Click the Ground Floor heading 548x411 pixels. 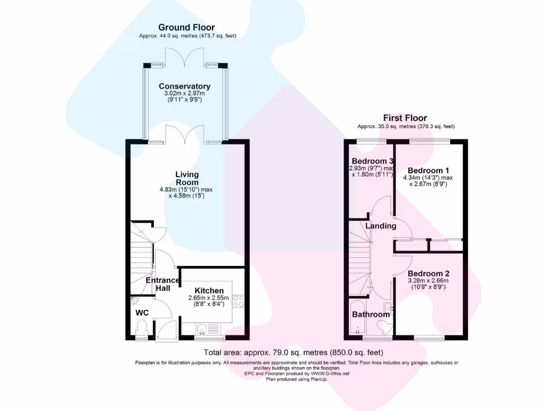[187, 27]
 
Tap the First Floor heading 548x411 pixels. [405, 118]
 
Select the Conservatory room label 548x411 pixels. [185, 86]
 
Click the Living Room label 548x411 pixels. [187, 178]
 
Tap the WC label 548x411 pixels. [142, 312]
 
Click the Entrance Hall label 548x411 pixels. [163, 284]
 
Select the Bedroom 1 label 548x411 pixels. [427, 171]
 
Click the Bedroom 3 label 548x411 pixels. [372, 161]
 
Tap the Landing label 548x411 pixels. [380, 226]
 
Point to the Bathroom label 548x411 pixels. [370, 314]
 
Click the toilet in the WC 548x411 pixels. [142, 326]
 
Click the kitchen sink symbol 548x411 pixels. [203, 328]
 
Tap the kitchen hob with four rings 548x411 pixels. [238, 301]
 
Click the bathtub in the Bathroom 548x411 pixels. [357, 318]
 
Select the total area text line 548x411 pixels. [293, 353]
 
